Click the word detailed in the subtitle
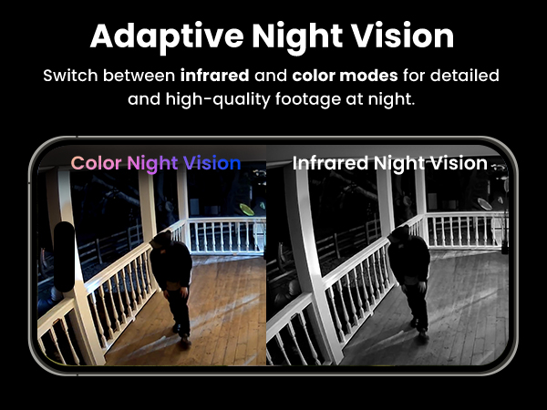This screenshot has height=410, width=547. point(463,75)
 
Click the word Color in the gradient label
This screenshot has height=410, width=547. point(97,164)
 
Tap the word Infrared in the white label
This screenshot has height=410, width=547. point(332,164)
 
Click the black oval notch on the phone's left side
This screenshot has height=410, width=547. point(64,254)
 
